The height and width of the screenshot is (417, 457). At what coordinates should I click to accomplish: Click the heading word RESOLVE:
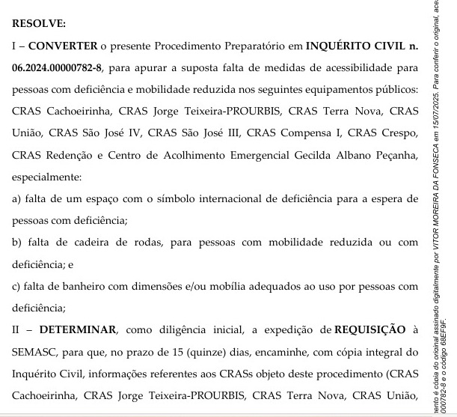click(x=39, y=24)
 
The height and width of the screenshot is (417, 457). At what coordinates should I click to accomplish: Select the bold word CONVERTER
click(x=63, y=46)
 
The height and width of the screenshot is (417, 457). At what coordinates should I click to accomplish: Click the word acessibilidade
click(x=329, y=68)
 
